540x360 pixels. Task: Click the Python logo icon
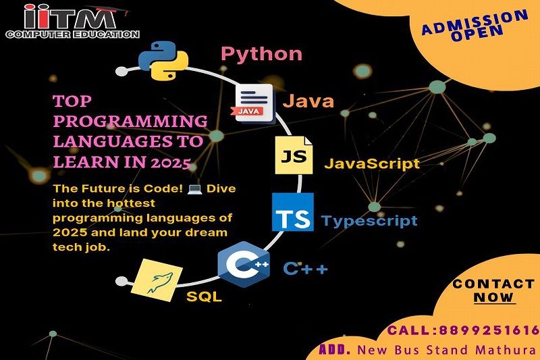163,61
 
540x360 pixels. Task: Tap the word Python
261,54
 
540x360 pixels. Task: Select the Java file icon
254,104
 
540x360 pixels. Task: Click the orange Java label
308,101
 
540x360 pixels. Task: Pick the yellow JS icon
294,155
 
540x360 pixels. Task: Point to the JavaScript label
372,163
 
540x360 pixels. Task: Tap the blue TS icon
293,212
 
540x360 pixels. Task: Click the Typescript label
369,221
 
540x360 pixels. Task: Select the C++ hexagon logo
244,265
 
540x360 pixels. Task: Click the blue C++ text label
305,268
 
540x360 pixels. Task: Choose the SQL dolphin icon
157,280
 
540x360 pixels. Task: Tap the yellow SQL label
204,297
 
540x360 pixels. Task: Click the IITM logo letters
71,18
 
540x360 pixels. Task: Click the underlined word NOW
494,297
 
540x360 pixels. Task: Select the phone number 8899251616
489,331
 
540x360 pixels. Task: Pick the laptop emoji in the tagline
194,189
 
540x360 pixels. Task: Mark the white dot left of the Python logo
122,72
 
